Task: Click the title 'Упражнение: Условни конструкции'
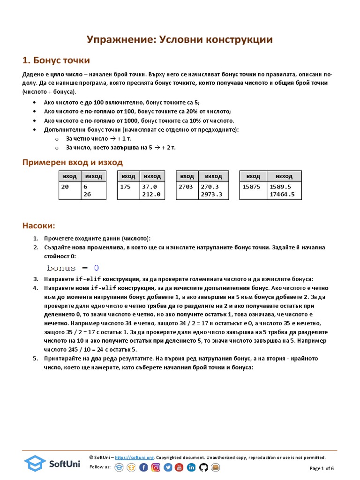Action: pos(180,40)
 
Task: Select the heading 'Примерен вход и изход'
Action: pos(73,162)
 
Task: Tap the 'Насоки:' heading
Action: pos(39,226)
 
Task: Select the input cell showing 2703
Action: pos(186,187)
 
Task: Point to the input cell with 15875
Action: pos(252,187)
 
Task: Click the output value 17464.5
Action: pos(282,195)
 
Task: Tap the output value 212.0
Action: pos(151,195)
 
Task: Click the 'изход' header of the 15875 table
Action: pos(284,176)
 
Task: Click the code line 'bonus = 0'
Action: pos(73,268)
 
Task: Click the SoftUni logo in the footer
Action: pos(52,463)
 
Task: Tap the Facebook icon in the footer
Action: pos(143,467)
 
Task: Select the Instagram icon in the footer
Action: pos(156,467)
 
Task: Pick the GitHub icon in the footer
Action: pos(203,467)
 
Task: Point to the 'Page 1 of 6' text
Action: pos(322,468)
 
